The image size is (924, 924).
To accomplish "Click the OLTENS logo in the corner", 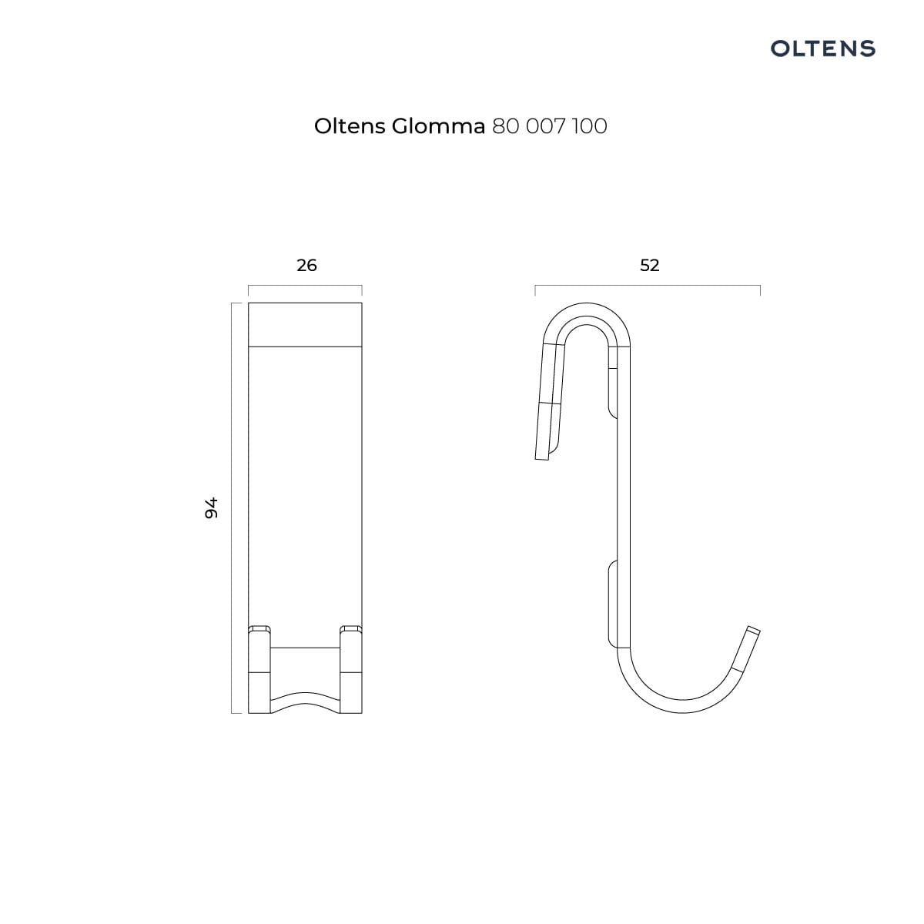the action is tap(822, 49).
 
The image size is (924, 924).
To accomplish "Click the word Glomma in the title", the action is tap(438, 126).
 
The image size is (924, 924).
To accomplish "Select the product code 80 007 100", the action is tap(550, 126).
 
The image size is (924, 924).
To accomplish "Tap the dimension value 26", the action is tap(307, 265).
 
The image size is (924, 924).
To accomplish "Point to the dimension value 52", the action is tap(650, 265).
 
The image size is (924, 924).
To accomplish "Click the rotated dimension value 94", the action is tap(211, 507).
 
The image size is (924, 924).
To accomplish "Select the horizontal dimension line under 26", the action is tap(305, 286).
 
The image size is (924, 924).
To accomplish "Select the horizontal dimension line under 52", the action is tap(648, 286).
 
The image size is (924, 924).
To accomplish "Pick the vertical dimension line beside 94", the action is tap(232, 507).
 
